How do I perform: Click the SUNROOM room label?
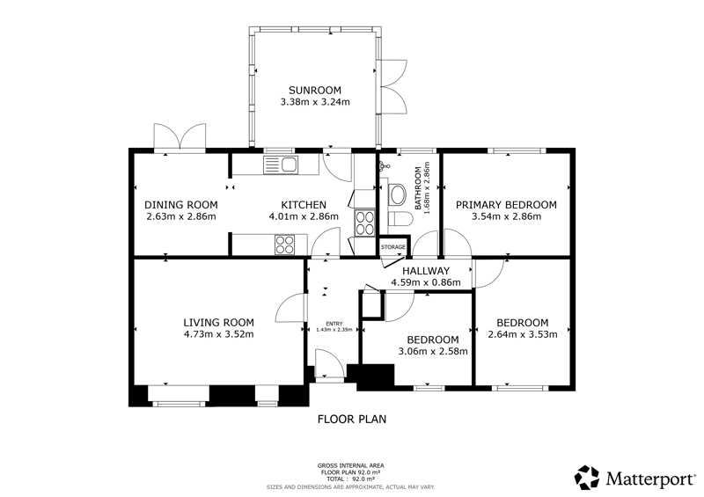[x=315, y=90]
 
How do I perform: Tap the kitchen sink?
[x=280, y=164]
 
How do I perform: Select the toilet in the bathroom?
[x=400, y=220]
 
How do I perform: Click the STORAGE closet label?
[x=393, y=247]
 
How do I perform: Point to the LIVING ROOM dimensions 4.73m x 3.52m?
[x=218, y=334]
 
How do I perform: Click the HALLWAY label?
[x=426, y=271]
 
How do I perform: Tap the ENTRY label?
[x=334, y=324]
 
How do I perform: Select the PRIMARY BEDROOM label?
[x=506, y=205]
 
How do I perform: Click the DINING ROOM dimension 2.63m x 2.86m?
[x=181, y=216]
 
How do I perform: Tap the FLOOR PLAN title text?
[x=352, y=420]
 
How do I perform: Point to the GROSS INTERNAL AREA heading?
[x=350, y=465]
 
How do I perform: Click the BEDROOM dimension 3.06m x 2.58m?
[x=433, y=351]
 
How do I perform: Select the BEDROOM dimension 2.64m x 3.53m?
[x=523, y=334]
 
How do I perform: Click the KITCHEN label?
[x=304, y=205]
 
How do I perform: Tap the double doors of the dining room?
[x=180, y=136]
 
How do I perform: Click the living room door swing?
[x=290, y=308]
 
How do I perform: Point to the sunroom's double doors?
[x=393, y=86]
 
